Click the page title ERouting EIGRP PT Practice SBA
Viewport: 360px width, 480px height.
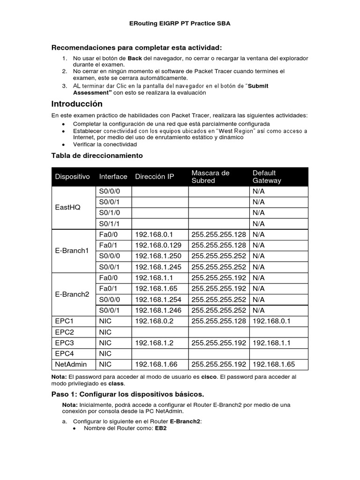180,23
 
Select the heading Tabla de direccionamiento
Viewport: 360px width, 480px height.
97,155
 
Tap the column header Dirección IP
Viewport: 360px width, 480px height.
154,177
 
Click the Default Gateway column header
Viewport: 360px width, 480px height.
267,177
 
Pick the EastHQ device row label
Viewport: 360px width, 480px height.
67,207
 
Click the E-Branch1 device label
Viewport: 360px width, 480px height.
72,250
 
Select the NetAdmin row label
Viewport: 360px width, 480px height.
70,364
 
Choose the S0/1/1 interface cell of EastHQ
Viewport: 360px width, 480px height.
110,224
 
